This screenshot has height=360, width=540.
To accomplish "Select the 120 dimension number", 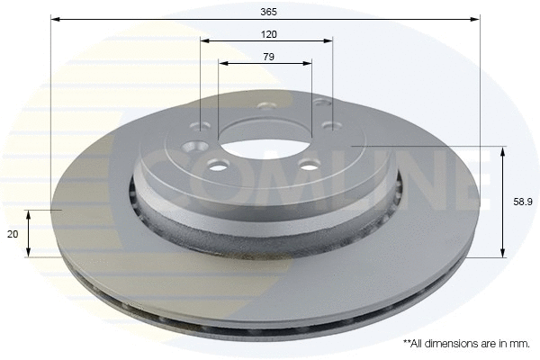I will click(x=267, y=33).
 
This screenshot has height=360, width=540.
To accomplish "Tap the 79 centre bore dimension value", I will click(x=267, y=56).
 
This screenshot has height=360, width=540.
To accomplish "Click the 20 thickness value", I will click(x=12, y=233).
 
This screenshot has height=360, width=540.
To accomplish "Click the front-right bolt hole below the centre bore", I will click(x=309, y=164).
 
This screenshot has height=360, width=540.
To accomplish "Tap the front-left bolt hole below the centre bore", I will click(x=216, y=164).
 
